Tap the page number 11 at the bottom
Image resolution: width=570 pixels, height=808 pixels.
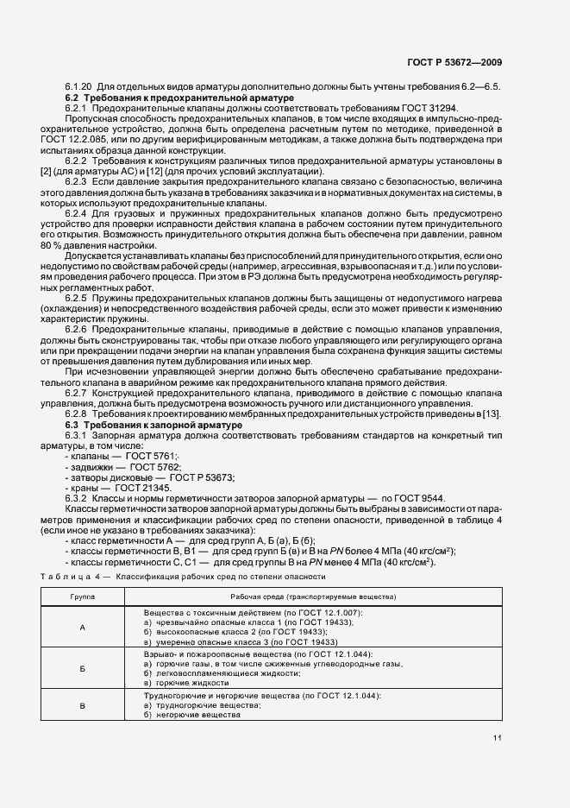click(498, 737)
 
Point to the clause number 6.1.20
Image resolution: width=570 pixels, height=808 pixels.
click(78, 89)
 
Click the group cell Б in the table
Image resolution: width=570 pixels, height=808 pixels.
click(83, 669)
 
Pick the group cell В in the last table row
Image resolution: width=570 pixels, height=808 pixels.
click(83, 706)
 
